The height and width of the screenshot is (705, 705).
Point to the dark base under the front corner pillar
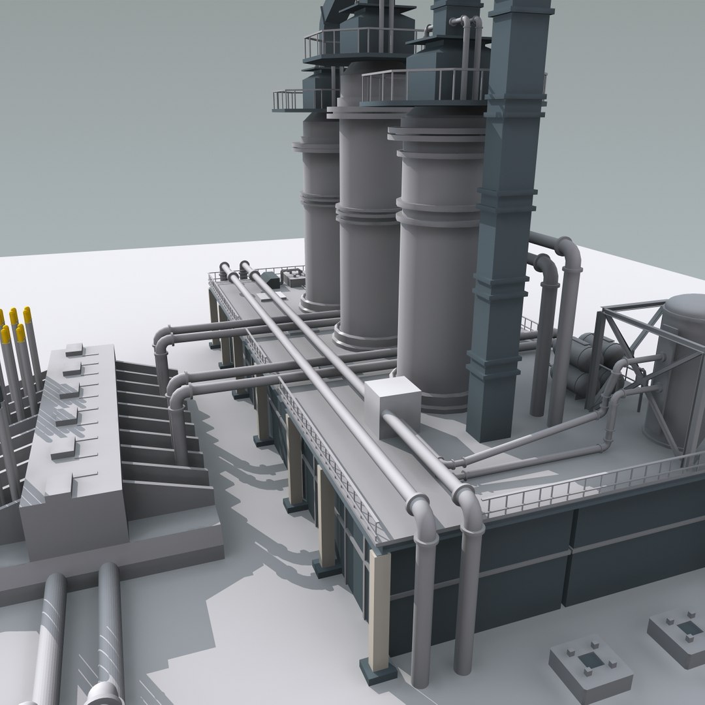(379, 673)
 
